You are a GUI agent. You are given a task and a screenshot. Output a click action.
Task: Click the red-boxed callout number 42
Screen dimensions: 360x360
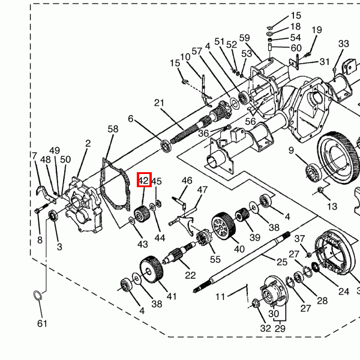[x=144, y=180]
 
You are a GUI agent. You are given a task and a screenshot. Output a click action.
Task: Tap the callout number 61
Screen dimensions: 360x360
[x=42, y=323]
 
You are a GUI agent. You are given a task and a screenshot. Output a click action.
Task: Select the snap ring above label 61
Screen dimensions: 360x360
[x=38, y=295]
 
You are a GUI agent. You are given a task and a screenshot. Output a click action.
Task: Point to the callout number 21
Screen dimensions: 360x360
[x=159, y=103]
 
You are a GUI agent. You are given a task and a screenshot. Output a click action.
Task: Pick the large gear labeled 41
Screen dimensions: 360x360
[x=151, y=269]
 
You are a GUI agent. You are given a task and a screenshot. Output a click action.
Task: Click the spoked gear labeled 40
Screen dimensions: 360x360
[x=223, y=226]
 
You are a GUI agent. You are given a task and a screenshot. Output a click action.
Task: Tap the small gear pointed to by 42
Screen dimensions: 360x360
[x=142, y=214]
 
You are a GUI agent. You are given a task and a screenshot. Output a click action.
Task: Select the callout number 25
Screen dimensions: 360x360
[x=282, y=262]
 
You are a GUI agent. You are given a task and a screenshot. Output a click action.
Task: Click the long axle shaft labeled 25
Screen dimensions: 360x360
[x=241, y=262]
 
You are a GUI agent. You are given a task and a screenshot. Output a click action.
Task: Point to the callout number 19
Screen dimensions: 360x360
[x=317, y=30]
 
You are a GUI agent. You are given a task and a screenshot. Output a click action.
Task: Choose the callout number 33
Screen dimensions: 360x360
[x=343, y=43]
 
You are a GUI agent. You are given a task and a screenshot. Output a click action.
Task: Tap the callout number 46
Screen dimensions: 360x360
[x=187, y=181]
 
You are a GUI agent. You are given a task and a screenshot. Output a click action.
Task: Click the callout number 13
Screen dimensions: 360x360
[x=332, y=206]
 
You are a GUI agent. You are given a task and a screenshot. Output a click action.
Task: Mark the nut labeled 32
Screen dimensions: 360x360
[x=256, y=304]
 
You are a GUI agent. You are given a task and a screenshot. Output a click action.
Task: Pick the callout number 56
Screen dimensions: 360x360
[x=250, y=121]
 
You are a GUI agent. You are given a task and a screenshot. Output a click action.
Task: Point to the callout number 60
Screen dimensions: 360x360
[x=296, y=48]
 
